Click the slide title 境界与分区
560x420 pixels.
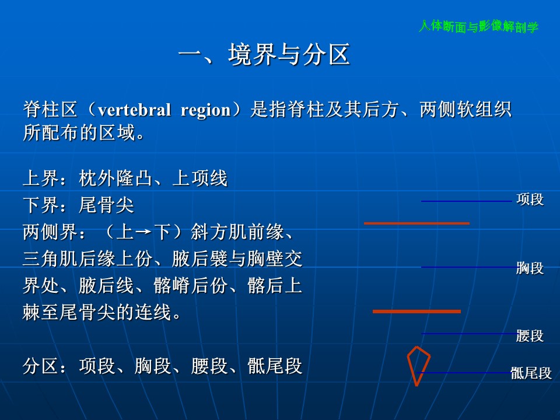point(289,55)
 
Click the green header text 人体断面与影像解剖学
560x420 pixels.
point(478,26)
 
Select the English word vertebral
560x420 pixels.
point(134,109)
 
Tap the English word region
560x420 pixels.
point(206,110)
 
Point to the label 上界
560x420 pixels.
point(41,178)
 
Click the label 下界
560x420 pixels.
point(41,205)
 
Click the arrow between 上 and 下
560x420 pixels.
point(143,232)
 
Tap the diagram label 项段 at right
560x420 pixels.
point(530,199)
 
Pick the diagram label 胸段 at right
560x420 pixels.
point(530,268)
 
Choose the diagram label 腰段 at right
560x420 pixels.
point(530,336)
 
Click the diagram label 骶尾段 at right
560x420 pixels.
point(531,373)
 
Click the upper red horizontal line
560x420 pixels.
point(416,223)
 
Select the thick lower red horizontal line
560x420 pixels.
point(416,311)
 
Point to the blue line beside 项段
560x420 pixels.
point(467,201)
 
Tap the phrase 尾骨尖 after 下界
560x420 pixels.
point(106,205)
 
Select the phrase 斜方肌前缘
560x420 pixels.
point(237,232)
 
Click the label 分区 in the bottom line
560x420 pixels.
point(41,366)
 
